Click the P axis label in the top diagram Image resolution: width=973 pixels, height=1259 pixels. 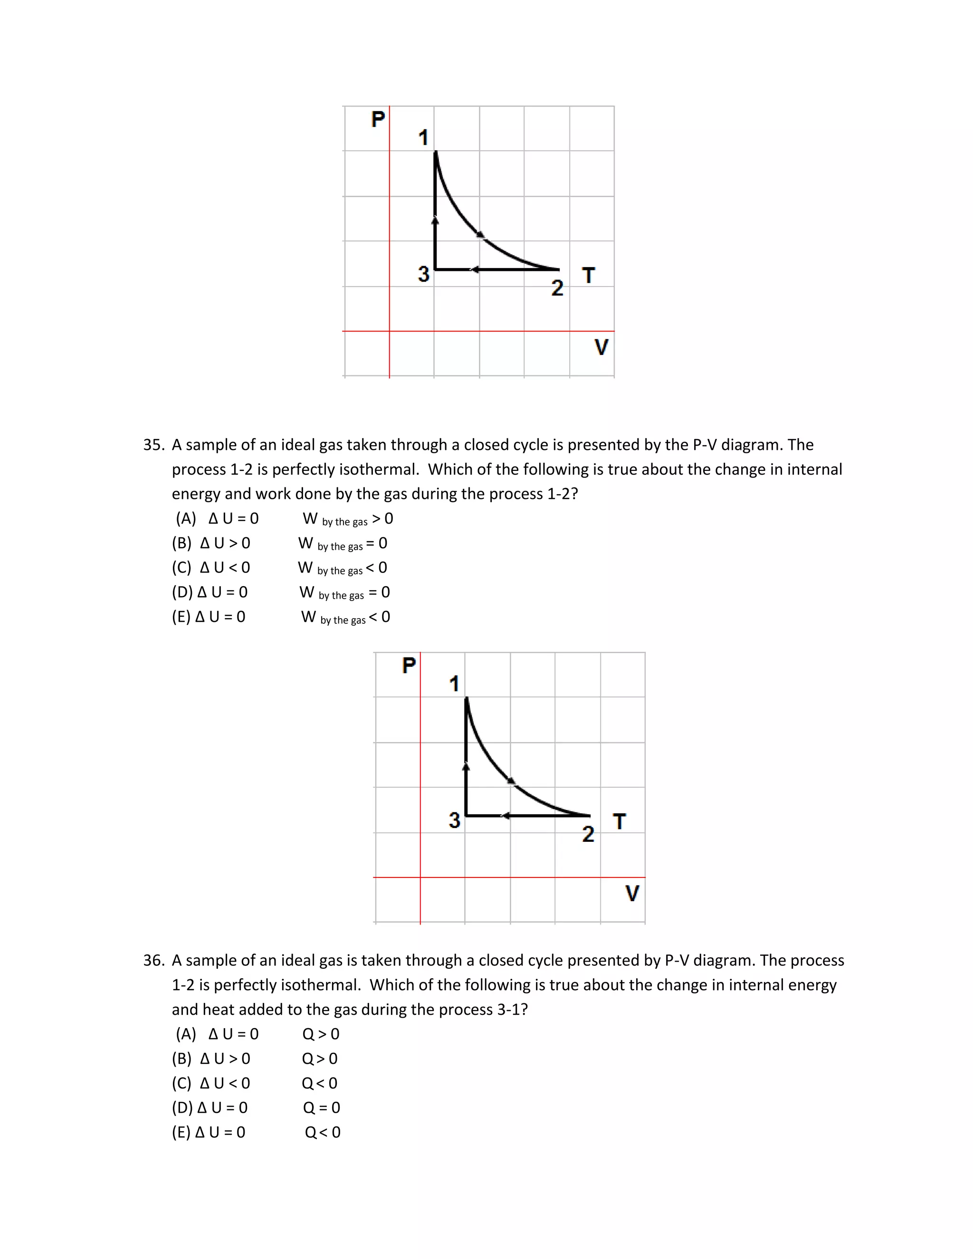[378, 119]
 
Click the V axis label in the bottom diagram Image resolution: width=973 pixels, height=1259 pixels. [632, 893]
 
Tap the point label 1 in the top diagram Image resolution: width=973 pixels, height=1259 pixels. [423, 138]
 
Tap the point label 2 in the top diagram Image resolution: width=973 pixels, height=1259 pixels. [557, 287]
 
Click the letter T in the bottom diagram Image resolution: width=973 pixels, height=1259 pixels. [620, 821]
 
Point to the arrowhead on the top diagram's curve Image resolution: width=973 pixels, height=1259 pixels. [479, 234]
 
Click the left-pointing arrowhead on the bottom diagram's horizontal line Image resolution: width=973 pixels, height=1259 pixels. [505, 815]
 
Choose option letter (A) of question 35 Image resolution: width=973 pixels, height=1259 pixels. [186, 518]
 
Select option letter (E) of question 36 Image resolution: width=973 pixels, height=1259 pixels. [181, 1132]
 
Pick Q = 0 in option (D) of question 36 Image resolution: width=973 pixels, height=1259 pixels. [321, 1107]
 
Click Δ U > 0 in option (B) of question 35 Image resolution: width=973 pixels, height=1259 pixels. [225, 543]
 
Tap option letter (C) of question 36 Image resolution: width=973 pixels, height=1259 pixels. [181, 1083]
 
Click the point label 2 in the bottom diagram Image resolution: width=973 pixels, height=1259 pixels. [588, 834]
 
